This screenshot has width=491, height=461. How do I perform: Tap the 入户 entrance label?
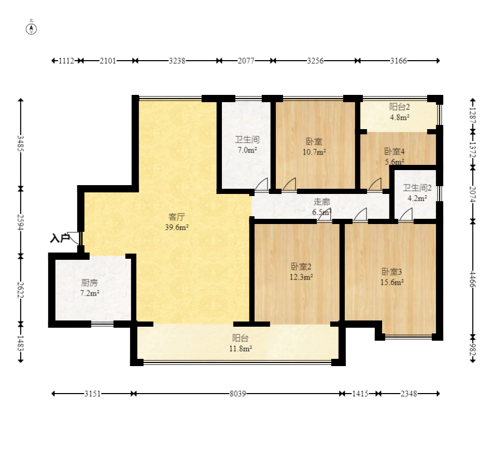[x=60, y=239]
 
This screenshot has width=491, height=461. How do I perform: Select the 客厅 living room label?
[x=177, y=217]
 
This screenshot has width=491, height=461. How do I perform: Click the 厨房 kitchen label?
[x=90, y=283]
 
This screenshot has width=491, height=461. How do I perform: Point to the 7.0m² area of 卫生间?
[x=247, y=150]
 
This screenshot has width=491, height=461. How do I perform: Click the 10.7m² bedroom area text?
[x=314, y=152]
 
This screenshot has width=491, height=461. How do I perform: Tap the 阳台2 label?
[x=400, y=107]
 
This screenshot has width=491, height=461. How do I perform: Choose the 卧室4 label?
[x=395, y=151]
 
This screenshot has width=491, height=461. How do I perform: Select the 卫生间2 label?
[x=417, y=188]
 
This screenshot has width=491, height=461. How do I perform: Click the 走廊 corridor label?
[x=321, y=202]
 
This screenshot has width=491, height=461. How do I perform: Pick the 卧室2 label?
[x=301, y=267]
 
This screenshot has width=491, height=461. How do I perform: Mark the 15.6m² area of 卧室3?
[x=392, y=282]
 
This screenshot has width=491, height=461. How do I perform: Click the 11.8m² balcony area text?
[x=241, y=348]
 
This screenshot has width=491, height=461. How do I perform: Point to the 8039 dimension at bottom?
[x=237, y=394]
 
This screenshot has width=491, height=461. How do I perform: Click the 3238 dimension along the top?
[x=177, y=61]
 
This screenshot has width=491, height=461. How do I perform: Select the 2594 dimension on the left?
[x=21, y=222]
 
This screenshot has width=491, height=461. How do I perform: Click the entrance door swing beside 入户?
[x=74, y=238]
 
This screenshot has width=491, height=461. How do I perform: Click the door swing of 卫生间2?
[x=406, y=215]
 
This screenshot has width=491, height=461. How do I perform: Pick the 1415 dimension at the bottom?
[x=360, y=394]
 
